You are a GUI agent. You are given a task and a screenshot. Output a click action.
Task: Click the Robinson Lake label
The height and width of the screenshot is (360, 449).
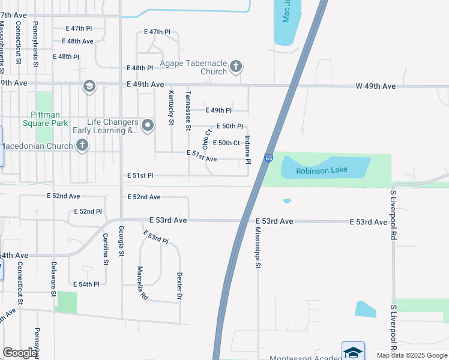click(x=322, y=171)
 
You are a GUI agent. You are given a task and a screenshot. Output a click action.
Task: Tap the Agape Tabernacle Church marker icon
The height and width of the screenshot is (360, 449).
click(x=236, y=66)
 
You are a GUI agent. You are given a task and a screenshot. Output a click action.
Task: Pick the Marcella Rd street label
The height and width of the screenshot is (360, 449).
click(x=141, y=283)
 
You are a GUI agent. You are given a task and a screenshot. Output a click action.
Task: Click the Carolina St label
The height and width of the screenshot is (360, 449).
click(x=105, y=248)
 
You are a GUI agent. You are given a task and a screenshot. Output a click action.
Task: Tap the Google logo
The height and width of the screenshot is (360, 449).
click(x=20, y=353)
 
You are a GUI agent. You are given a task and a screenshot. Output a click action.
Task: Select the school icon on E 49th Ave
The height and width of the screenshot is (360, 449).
click(x=89, y=87)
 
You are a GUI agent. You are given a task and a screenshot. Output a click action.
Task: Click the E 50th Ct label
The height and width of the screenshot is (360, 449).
click(x=228, y=143)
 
